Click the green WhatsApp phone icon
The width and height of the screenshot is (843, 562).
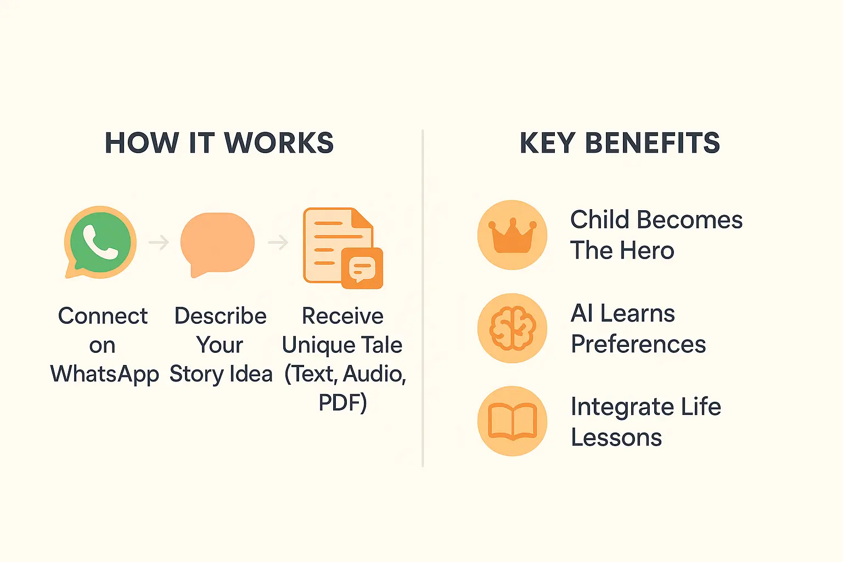(100, 242)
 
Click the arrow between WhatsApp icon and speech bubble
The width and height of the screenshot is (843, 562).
(159, 242)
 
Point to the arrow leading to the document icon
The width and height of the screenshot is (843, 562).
(278, 242)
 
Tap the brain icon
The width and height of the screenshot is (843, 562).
(512, 328)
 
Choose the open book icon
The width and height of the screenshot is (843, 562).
(512, 421)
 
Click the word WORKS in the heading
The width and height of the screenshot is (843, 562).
(279, 143)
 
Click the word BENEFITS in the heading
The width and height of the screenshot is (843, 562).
(653, 143)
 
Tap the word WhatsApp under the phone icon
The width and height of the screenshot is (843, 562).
(104, 374)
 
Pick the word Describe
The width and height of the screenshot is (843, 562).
(220, 316)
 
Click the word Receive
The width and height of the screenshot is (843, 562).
(342, 316)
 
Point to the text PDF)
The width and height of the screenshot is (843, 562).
(342, 403)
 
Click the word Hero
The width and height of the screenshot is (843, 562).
(648, 251)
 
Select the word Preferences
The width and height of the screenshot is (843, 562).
(638, 344)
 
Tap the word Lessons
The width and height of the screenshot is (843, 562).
(616, 437)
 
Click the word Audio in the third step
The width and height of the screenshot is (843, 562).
(374, 374)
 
